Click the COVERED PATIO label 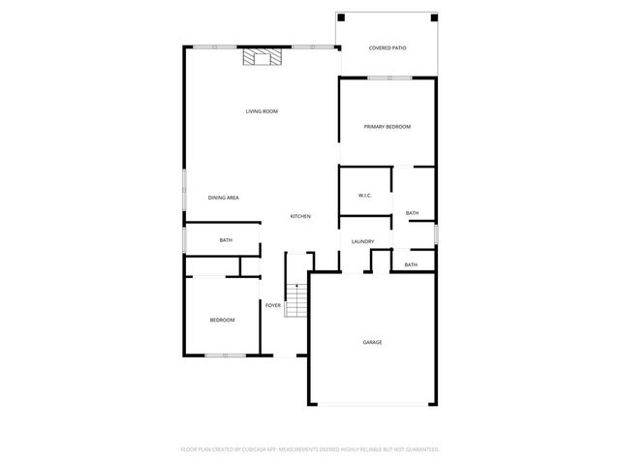coord(387,47)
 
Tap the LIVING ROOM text coord(262,111)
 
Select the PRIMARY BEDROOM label coord(387,127)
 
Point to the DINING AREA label coord(224,198)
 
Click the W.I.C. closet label coord(365,196)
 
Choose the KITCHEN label coord(300,216)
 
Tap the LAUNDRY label coord(363,241)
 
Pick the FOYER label coord(273,305)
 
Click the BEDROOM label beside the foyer coord(223,320)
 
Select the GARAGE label coord(372,342)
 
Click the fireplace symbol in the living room coord(262,57)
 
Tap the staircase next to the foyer coord(295,300)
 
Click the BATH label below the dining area coord(226,240)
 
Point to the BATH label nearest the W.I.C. coord(412,213)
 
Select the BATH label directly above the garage coord(411,264)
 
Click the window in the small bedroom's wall coord(224,356)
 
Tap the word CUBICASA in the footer coord(270,449)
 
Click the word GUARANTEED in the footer coord(418,449)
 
